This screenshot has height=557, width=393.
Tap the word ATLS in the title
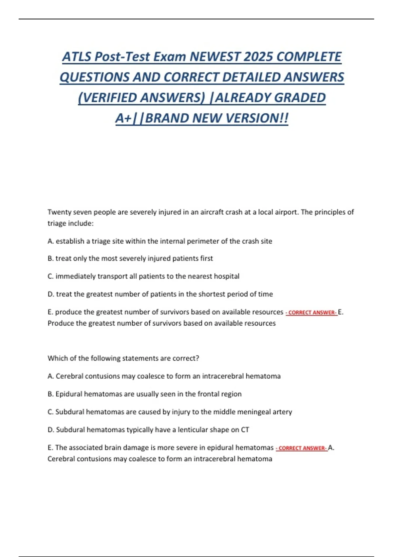click(x=76, y=57)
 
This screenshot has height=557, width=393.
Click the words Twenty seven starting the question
click(x=70, y=212)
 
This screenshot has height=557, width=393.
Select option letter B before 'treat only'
click(x=50, y=259)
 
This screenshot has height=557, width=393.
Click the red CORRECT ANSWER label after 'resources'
click(x=311, y=313)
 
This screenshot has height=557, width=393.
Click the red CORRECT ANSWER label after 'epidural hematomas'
click(x=301, y=448)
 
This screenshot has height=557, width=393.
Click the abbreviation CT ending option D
click(x=245, y=430)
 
